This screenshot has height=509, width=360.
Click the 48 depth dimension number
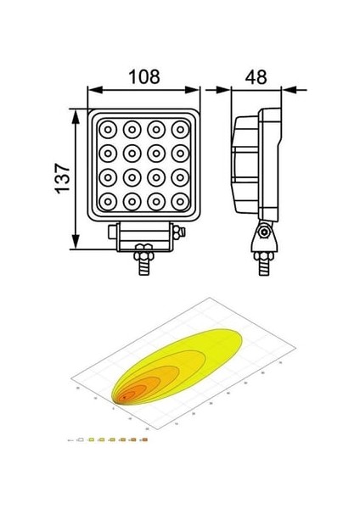255,77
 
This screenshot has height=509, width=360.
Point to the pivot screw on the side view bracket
265,232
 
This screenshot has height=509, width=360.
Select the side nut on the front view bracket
177,231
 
